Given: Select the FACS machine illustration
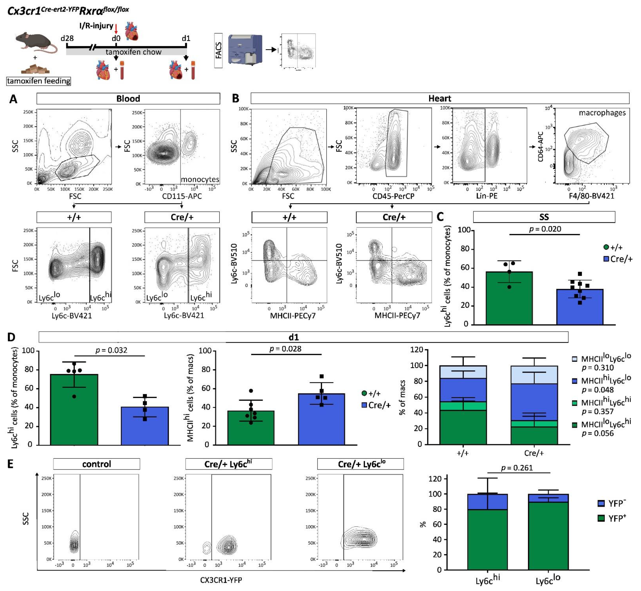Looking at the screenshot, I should (245, 50).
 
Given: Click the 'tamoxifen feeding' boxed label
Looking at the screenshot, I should (38, 81).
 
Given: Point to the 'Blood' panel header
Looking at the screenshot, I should (128, 99).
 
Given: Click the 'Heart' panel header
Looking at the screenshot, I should (440, 99).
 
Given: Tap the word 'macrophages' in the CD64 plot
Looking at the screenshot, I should (602, 113).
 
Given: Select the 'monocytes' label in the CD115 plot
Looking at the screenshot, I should (200, 179).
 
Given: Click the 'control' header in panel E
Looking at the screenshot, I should (97, 464).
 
